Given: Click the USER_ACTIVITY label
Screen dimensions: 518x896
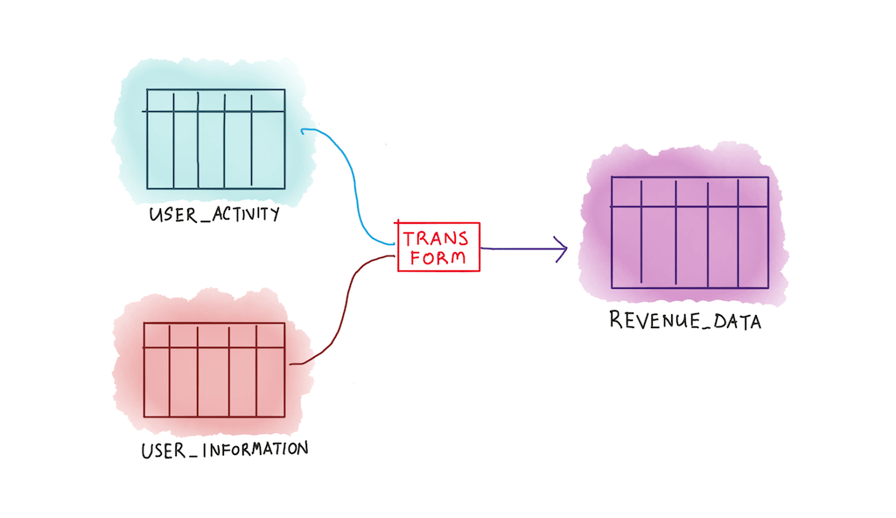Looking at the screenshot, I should click(215, 213).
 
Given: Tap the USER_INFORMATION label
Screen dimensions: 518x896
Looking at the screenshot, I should click(224, 451).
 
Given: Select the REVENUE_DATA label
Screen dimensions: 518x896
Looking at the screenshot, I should click(685, 321).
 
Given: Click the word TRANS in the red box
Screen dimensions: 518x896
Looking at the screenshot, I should click(436, 237).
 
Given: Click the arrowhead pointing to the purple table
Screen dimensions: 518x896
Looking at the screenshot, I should click(561, 249).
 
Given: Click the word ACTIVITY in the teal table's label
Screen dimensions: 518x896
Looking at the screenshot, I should click(247, 213).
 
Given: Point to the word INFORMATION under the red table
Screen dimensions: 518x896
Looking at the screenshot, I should click(254, 450).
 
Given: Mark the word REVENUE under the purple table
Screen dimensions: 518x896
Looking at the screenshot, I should click(650, 321).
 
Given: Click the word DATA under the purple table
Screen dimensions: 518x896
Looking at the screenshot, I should click(736, 321).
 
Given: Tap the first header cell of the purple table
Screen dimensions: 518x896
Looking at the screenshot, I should click(626, 192).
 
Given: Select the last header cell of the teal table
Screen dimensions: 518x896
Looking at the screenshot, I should click(268, 100).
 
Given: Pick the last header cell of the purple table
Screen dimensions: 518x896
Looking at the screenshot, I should click(752, 192).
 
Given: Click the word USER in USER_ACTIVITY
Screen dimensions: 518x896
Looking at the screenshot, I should click(171, 213).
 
